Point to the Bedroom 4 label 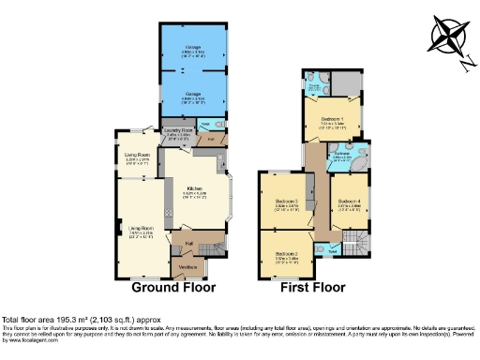pos(349,202)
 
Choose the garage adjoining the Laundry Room pos(192,96)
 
